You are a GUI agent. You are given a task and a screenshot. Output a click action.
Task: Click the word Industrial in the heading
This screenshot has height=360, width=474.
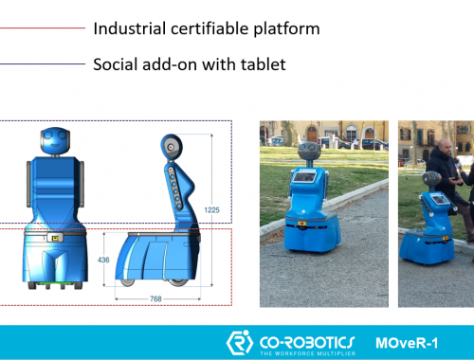click(130, 28)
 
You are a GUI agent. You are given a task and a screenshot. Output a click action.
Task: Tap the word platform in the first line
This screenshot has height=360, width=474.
click(286, 29)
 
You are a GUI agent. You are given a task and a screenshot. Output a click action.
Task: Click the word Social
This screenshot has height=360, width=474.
click(116, 64)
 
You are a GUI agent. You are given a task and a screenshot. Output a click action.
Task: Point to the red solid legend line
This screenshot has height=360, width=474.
click(43, 28)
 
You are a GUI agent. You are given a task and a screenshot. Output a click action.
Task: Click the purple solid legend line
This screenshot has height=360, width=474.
click(43, 64)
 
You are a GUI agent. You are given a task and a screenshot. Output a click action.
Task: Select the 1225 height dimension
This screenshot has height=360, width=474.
click(211, 210)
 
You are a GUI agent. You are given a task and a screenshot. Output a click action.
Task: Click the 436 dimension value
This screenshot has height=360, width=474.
click(103, 260)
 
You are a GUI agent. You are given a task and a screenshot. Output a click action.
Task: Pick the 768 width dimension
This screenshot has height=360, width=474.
click(155, 298)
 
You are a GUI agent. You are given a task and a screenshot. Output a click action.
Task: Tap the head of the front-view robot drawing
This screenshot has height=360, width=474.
click(55, 141)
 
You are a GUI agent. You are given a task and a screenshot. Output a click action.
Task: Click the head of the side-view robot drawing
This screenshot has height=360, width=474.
click(172, 147)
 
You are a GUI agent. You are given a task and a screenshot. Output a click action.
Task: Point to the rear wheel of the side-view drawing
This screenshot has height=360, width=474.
click(178, 282)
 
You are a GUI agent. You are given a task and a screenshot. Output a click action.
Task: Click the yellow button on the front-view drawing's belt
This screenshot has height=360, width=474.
click(56, 238)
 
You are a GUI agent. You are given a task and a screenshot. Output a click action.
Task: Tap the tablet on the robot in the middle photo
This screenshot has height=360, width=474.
click(304, 176)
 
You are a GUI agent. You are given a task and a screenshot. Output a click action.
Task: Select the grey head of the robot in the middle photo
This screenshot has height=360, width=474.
click(309, 151)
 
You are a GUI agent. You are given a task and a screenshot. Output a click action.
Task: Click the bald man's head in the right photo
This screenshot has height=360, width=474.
click(443, 148)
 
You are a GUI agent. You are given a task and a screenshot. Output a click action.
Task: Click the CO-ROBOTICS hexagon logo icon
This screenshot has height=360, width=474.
click(240, 343)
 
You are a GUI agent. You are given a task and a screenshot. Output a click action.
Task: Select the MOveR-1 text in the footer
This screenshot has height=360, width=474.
click(407, 343)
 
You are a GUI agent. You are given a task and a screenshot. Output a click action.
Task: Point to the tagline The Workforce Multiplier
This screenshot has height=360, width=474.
click(307, 353)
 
